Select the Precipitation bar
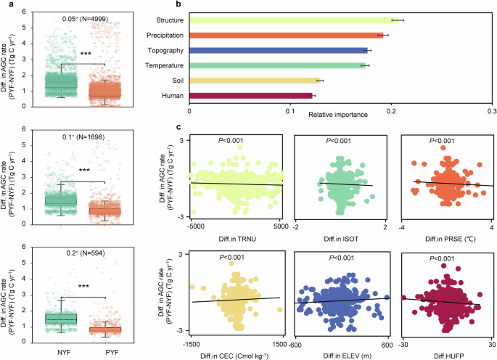coord(287,35)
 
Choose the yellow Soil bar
coord(254,81)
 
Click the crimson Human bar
coord(250,95)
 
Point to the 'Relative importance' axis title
coord(338,115)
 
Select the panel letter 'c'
coord(178,127)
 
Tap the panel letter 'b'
coord(178,4)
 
